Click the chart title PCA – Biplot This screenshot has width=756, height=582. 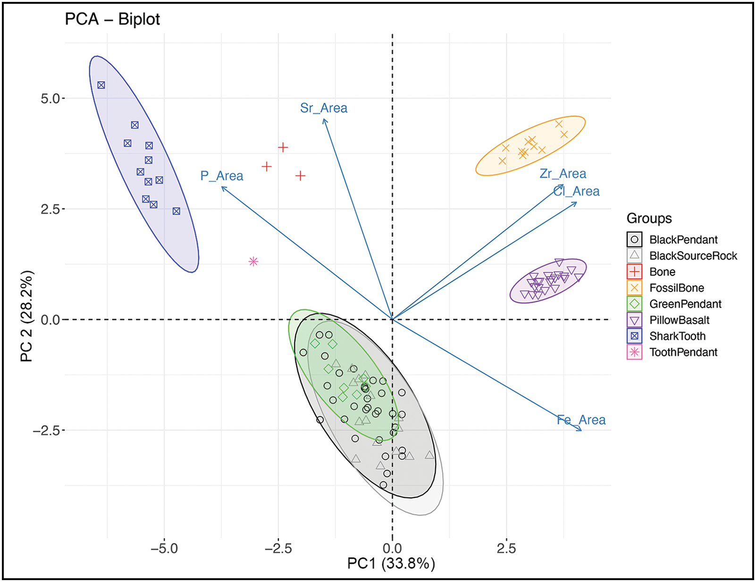pos(112,19)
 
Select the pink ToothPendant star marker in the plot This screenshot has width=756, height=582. pos(253,261)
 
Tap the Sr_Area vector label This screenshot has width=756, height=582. pos(324,108)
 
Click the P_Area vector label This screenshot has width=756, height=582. pos(222,176)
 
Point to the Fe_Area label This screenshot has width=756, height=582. pos(581,420)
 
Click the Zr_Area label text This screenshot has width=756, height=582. pos(563,174)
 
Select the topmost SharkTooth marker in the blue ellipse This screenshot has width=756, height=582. pos(101,85)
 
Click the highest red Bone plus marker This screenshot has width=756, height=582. pos(283,147)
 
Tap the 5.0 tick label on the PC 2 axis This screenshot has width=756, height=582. pos(50,99)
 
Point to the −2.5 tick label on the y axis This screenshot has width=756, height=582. pos(46,430)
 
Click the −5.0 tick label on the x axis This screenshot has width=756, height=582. pos(164,548)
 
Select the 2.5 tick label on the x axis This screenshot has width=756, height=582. pos(506,548)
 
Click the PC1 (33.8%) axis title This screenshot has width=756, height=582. pos(391,564)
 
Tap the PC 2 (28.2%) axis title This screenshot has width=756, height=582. pos(27,316)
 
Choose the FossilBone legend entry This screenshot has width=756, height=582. pos(676,288)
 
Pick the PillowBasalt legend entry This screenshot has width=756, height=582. pos(679,320)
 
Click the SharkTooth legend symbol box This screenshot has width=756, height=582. pos(634,336)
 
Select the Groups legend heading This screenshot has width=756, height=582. pos(649,218)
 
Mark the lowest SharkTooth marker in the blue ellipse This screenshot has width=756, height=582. pos(176,211)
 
